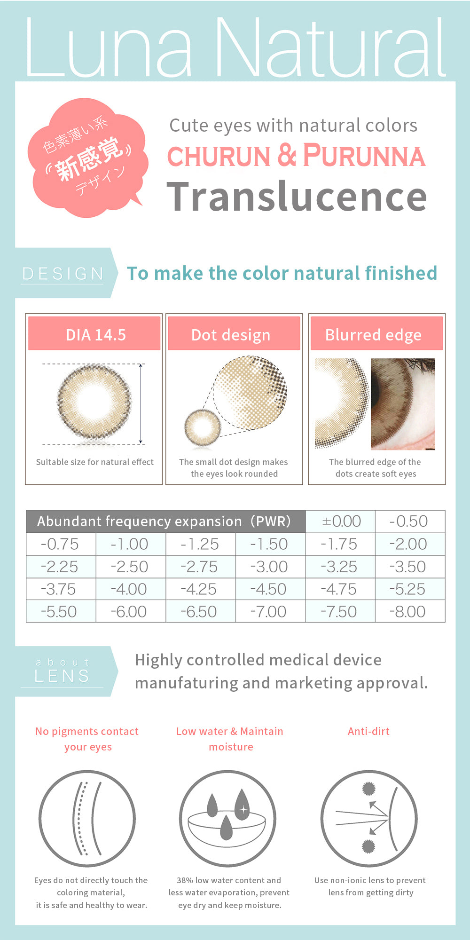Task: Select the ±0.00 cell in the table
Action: click(x=341, y=521)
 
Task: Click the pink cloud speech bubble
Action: click(x=87, y=158)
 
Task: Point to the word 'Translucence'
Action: click(x=297, y=197)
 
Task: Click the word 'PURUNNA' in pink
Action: click(x=364, y=156)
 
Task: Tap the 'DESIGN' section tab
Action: click(x=64, y=273)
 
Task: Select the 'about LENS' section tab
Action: click(x=64, y=671)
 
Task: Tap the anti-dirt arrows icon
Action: click(x=369, y=818)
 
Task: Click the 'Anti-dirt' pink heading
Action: click(x=368, y=731)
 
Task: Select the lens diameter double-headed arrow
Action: click(x=141, y=403)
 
